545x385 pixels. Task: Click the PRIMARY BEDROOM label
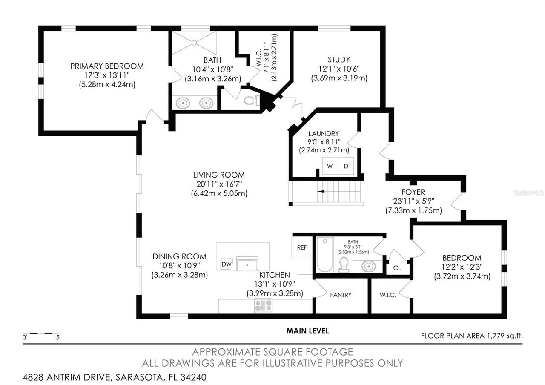pos(107,66)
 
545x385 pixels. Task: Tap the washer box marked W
pos(330,166)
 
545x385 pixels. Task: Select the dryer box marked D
pos(346,166)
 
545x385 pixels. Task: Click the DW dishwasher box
pos(226,264)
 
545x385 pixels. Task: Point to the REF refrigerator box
pos(302,247)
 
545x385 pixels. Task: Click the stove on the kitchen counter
pos(263,305)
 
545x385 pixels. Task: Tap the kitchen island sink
pos(247,264)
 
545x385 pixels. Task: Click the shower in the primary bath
pos(194,43)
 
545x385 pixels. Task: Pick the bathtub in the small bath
pos(324,255)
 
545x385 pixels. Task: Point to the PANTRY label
pos(341,295)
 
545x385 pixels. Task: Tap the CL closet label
pos(397,268)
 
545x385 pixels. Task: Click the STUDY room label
pos(339,60)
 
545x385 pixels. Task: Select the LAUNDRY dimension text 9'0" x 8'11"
pos(324,142)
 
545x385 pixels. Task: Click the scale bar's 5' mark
pos(58,338)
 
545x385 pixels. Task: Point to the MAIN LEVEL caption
pos(307,331)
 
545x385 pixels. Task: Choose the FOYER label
pos(413,192)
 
